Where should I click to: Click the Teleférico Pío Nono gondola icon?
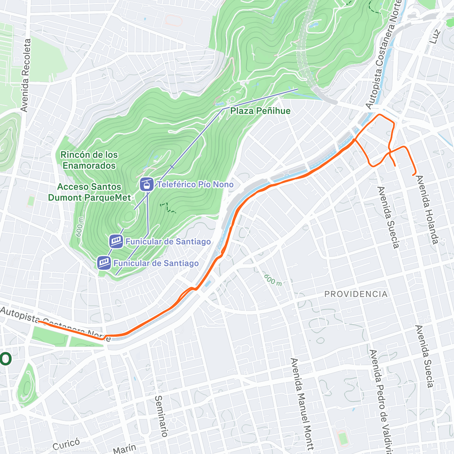146,184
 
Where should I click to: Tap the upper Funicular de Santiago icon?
116,241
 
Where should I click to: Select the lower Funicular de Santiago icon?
104,263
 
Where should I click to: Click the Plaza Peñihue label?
260,111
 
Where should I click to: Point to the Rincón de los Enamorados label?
89,160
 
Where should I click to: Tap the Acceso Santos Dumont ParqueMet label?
89,192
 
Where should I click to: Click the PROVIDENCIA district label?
356,294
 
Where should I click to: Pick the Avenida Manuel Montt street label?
302,403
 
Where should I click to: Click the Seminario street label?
161,416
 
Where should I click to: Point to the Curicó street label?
66,444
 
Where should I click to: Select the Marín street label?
124,449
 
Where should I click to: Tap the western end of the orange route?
39,322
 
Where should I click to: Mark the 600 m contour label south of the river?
273,280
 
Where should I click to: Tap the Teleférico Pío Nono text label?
195,185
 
